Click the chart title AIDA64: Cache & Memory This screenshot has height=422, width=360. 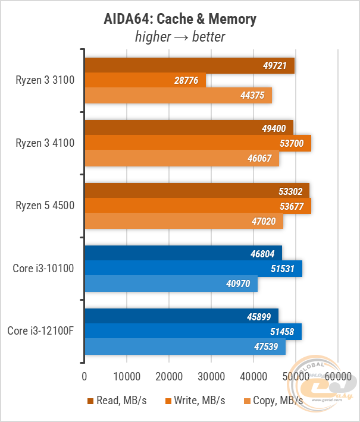click(180, 18)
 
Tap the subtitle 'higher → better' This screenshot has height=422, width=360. click(180, 37)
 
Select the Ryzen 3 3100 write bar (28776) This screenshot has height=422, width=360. click(145, 80)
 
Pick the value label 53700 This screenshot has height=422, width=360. click(295, 143)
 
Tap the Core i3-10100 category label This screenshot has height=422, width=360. click(43, 269)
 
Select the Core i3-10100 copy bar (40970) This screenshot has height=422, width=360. click(171, 284)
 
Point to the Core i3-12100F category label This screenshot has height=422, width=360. click(41, 331)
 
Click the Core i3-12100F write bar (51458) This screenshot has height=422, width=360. click(193, 332)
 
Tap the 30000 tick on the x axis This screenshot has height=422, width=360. click(211, 376)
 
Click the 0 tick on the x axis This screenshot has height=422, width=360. click(84, 376)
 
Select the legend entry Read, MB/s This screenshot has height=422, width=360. click(116, 401)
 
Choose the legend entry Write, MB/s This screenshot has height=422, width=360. click(195, 401)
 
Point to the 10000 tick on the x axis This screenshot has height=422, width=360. click(127, 376)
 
